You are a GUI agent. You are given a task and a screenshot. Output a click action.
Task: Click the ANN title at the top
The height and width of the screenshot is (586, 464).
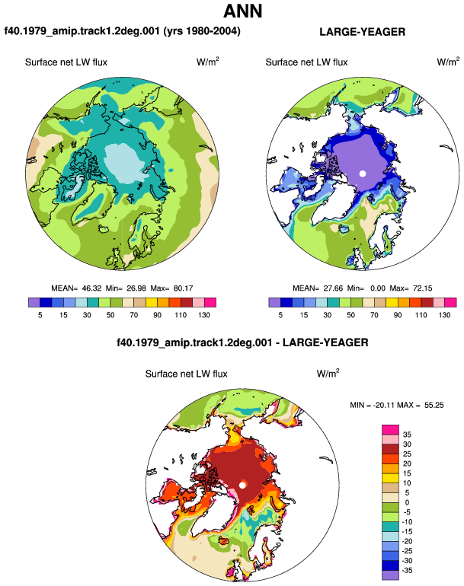(243, 11)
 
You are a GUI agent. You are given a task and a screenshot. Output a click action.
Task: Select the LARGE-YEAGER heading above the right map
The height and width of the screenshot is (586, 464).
(362, 32)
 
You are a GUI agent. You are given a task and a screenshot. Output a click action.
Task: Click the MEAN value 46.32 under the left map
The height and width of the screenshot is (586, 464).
(91, 288)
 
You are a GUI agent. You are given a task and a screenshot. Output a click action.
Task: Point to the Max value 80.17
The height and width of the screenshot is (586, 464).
(184, 288)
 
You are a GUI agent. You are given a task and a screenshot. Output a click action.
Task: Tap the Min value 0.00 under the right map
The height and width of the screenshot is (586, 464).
(378, 288)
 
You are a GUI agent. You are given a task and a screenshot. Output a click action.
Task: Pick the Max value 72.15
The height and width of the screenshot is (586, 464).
(422, 288)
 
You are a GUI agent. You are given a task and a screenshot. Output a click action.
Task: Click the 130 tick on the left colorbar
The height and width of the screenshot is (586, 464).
(204, 315)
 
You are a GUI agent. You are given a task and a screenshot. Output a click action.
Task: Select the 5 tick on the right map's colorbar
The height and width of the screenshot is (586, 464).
(280, 315)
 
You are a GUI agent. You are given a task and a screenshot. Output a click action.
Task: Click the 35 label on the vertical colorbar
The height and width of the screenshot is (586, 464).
(407, 435)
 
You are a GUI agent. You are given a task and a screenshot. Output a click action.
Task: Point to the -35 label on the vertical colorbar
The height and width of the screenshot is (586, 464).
(407, 570)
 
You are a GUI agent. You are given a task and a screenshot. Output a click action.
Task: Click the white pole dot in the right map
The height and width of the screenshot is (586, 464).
(362, 174)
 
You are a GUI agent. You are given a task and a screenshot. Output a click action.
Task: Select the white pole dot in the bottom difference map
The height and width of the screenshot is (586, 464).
(242, 485)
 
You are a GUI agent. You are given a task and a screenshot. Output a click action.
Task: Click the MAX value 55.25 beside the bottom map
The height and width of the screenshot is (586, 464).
(434, 405)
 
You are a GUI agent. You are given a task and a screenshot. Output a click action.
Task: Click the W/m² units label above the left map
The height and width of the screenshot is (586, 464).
(208, 62)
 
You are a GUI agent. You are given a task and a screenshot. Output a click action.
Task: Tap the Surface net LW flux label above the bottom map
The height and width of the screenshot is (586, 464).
(187, 374)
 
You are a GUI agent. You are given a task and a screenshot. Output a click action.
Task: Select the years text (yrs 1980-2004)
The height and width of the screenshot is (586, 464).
(202, 30)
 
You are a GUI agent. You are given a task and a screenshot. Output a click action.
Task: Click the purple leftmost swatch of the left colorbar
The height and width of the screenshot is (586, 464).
(34, 302)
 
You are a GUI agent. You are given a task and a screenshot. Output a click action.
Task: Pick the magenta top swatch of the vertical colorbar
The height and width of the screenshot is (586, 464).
(390, 429)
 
